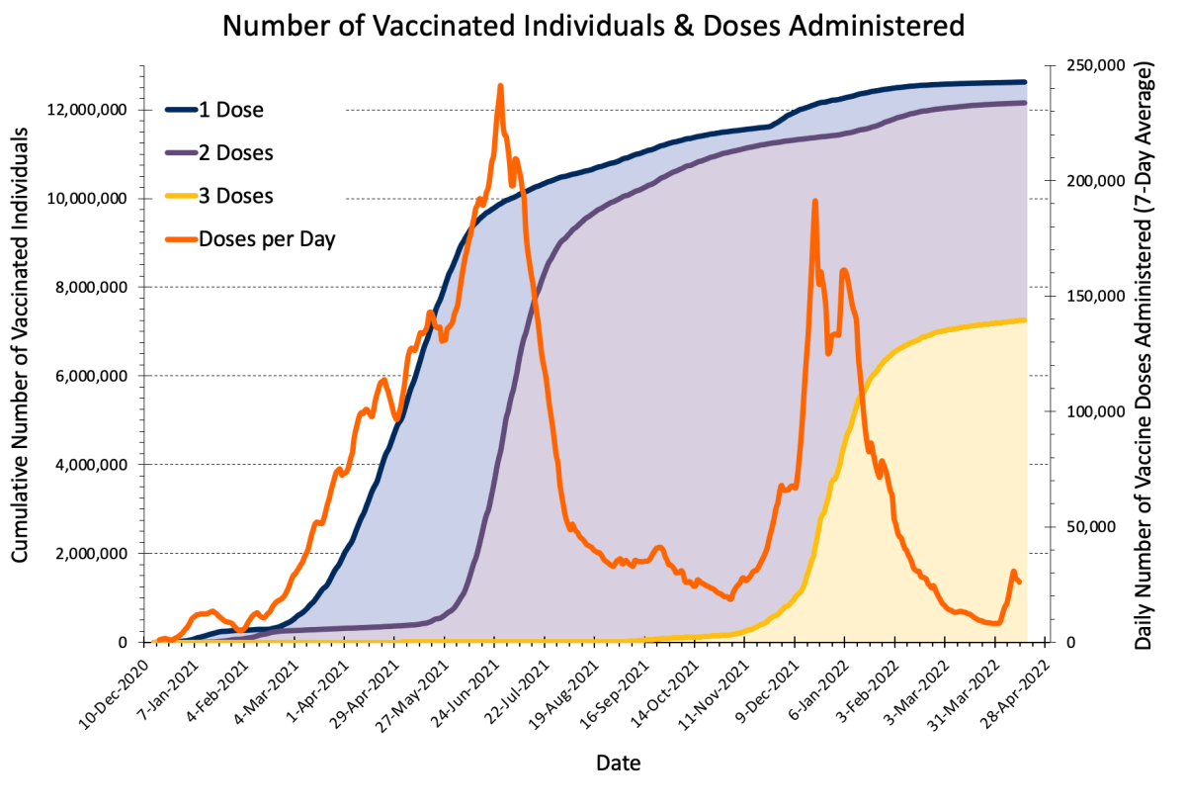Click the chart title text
point(593,26)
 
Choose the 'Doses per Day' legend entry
point(267,238)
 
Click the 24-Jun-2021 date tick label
point(464,689)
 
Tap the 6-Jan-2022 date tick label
point(813,689)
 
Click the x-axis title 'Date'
point(618,763)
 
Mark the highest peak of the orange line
point(500,86)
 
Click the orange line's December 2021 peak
point(814,201)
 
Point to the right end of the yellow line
point(1026,319)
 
